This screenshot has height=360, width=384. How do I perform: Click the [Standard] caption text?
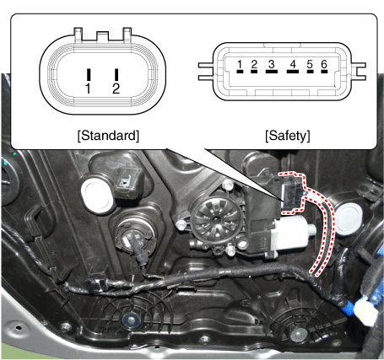point(108,136)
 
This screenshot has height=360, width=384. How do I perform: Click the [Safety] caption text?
point(288,136)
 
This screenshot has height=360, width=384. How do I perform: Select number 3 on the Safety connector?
point(271,64)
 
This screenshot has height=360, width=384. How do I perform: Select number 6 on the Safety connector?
point(324,64)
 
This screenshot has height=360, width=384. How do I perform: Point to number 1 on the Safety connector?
point(240,64)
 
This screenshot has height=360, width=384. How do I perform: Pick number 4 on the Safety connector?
point(293,64)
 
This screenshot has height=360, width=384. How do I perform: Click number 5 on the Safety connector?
point(310,64)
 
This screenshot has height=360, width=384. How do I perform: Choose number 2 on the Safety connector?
point(254,64)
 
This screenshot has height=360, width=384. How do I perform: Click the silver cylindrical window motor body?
point(293,232)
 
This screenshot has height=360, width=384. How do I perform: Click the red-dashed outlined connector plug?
point(292,193)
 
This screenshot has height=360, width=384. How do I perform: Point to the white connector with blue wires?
point(365,313)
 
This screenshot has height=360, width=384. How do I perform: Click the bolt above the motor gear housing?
point(227,185)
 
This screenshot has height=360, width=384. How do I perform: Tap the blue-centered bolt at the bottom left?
point(130,320)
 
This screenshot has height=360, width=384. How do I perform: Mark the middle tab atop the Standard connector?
point(102,36)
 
